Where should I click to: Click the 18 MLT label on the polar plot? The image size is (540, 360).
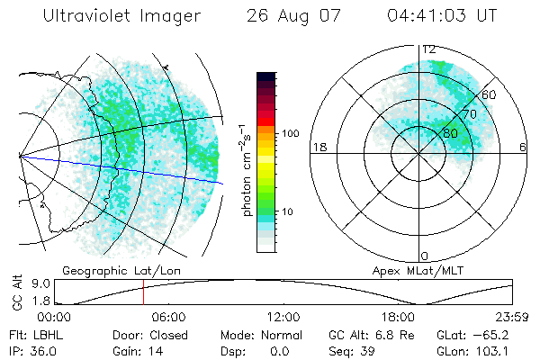[318, 147]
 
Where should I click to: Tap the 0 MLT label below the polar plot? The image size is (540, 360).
[425, 256]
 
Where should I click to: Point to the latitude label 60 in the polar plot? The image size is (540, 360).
[490, 94]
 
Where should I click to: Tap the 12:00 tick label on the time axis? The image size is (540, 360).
[283, 317]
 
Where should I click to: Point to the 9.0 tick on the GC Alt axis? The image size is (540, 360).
[27, 283]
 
